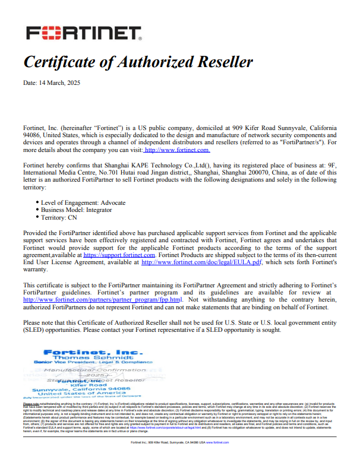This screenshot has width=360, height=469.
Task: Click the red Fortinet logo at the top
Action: (83, 33)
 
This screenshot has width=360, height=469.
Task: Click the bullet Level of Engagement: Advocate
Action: (83, 203)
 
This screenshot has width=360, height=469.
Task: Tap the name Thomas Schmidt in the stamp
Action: (83, 357)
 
